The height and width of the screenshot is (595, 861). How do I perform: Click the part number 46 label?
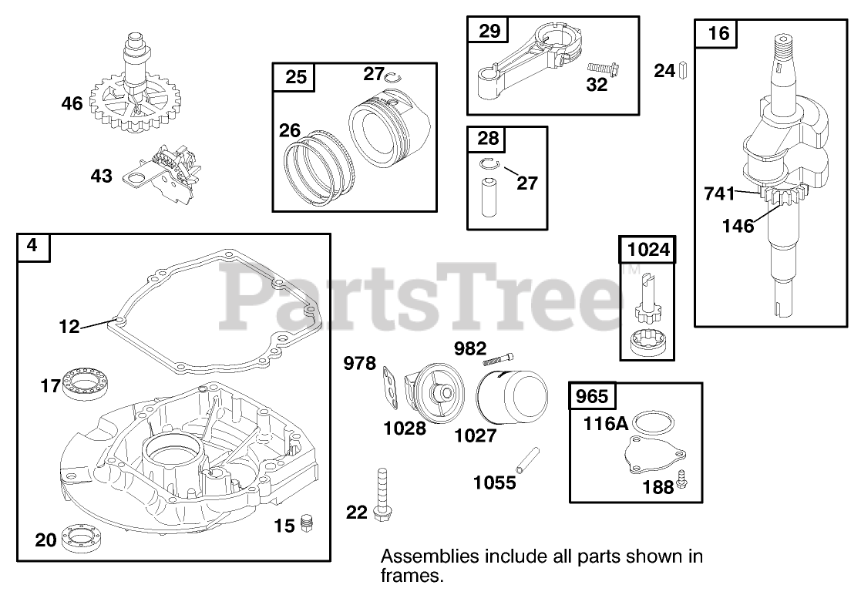72,103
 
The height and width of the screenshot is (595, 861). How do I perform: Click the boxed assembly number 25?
295,76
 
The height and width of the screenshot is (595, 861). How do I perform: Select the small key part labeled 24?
682,71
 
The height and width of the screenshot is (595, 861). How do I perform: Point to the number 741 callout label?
719,194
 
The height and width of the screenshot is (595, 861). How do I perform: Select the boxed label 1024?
648,250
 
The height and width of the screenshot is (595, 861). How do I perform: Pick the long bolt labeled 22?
381,493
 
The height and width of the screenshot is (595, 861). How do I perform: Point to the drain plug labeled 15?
306,522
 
